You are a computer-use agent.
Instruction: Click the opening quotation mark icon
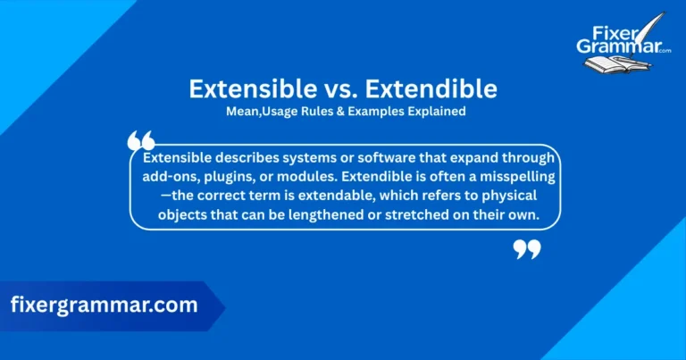click(x=141, y=140)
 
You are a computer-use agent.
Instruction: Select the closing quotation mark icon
click(x=527, y=248)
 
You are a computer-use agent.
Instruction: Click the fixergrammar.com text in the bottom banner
click(x=104, y=305)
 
